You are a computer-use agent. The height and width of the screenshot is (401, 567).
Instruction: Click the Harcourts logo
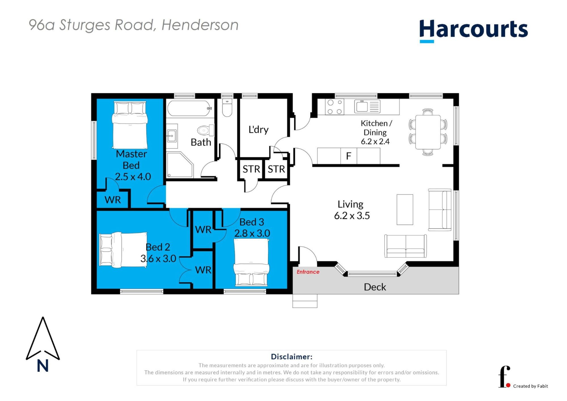[473, 31]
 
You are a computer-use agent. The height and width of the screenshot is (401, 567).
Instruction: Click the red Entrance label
[308, 272]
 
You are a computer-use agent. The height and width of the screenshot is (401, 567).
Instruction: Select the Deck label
[375, 287]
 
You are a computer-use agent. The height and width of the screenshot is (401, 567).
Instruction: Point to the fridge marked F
[348, 156]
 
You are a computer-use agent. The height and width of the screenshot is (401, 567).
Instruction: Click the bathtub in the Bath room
[190, 108]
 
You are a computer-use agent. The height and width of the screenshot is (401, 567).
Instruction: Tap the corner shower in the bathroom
[180, 165]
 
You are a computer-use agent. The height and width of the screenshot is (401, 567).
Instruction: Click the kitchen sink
[367, 106]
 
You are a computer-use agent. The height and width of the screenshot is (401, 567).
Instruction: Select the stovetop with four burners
[335, 107]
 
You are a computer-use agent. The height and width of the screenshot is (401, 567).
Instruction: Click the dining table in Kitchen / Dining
[428, 132]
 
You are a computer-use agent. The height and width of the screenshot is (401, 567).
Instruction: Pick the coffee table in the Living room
[405, 210]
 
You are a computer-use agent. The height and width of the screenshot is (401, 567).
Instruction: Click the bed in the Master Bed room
[130, 125]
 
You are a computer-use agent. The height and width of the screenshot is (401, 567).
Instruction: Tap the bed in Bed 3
[251, 262]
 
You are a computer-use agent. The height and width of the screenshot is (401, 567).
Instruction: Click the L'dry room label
[258, 130]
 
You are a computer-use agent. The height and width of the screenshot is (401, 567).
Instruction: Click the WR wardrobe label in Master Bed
[113, 200]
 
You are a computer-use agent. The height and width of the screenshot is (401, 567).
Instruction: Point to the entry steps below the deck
[305, 301]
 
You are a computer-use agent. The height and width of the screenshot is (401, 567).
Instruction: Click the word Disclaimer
[291, 356]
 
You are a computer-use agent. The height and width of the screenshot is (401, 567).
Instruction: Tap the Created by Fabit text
[530, 386]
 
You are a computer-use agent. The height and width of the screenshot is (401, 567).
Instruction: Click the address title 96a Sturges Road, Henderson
[134, 25]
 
